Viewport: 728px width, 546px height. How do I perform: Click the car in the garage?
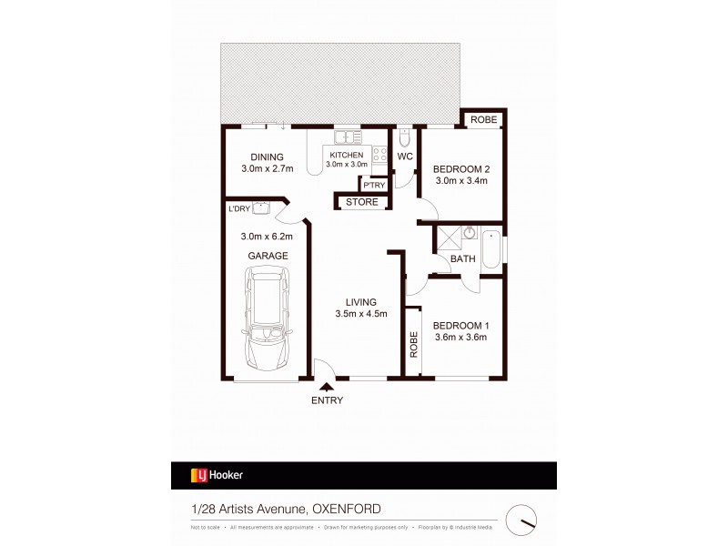tap(268, 323)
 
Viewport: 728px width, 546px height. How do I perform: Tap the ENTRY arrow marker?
tap(327, 386)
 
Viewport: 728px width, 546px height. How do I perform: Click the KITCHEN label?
tap(346, 156)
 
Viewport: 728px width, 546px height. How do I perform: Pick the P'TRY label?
tap(375, 186)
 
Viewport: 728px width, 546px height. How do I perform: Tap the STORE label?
tap(361, 202)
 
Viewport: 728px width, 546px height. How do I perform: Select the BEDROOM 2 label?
tap(460, 168)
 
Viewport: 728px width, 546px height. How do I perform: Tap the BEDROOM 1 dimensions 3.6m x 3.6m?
tap(460, 337)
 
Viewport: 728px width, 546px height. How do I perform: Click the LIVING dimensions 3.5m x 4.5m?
tap(361, 315)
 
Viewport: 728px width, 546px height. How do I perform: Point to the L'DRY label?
tap(239, 209)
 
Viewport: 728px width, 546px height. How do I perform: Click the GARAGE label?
tap(268, 257)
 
